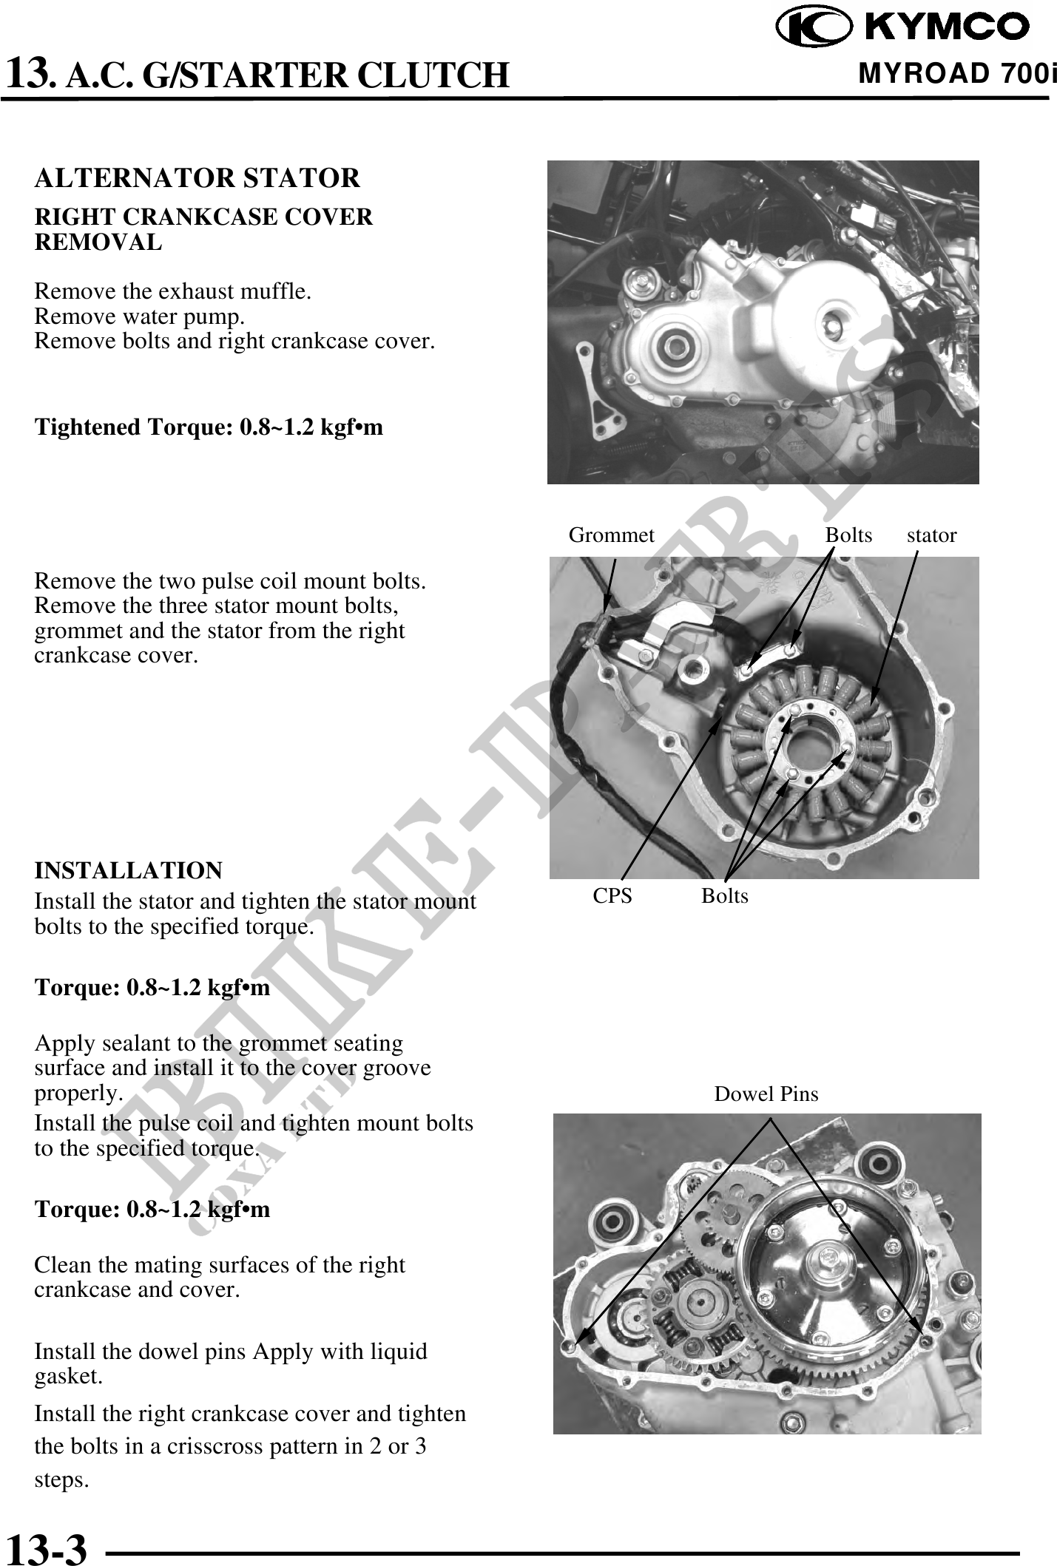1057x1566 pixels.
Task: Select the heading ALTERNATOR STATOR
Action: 197,178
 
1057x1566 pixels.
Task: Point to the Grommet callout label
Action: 611,535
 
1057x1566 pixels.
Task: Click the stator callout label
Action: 931,535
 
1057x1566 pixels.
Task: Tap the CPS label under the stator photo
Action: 612,895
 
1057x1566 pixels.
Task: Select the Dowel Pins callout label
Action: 766,1094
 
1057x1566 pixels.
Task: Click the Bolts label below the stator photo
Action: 725,895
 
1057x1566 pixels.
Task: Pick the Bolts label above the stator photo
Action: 848,535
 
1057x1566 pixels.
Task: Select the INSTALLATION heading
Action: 129,870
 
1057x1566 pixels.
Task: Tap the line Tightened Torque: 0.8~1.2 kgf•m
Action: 209,427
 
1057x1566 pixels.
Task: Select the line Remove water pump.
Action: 140,316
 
